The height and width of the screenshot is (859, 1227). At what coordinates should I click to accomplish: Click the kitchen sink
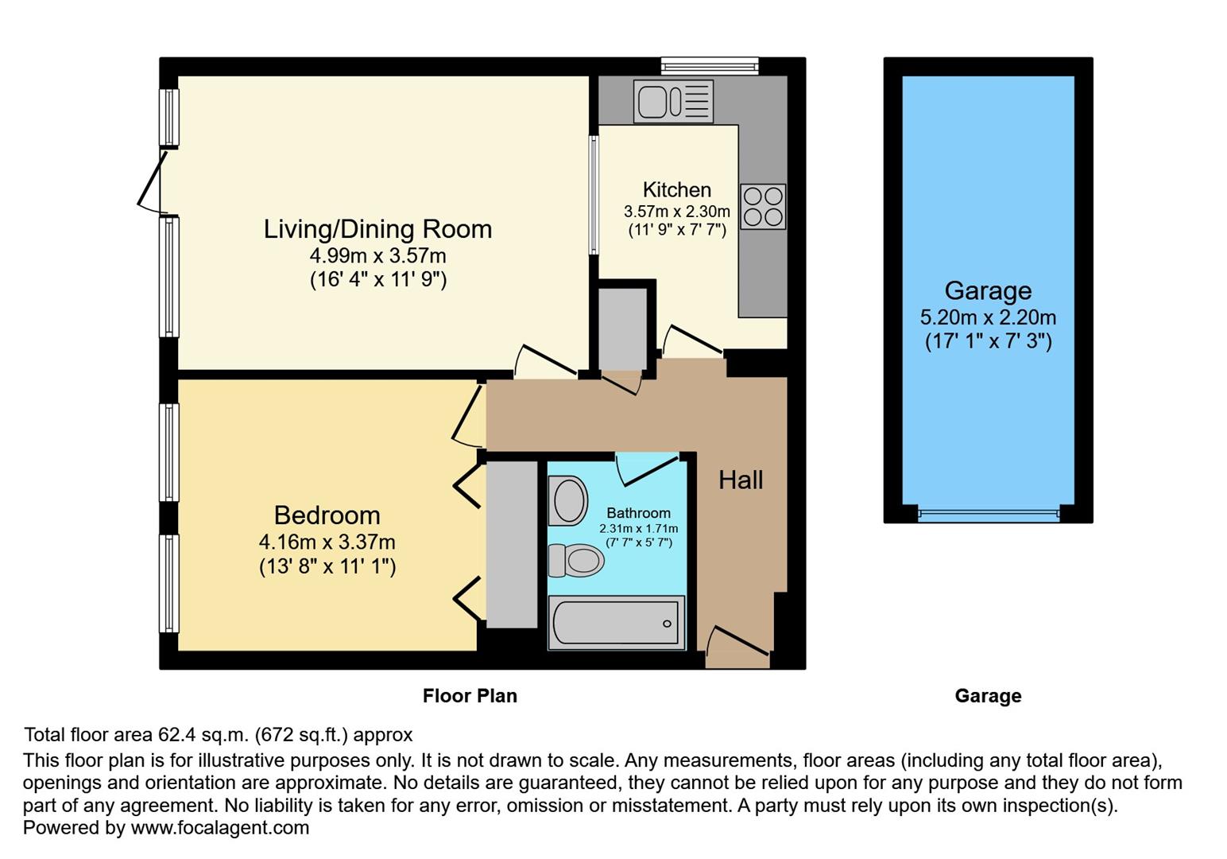click(672, 102)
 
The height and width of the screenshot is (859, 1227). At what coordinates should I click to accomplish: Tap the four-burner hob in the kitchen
click(763, 207)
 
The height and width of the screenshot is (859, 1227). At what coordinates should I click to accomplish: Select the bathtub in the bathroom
click(617, 624)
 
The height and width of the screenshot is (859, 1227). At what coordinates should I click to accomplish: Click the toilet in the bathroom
click(576, 561)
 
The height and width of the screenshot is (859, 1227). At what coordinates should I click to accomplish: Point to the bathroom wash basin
click(567, 501)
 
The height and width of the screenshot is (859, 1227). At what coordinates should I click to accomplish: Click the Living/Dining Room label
click(377, 229)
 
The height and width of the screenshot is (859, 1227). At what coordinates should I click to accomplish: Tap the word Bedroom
click(327, 515)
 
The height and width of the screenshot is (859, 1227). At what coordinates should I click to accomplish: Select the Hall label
click(741, 480)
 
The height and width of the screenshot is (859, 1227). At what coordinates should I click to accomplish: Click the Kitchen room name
click(676, 190)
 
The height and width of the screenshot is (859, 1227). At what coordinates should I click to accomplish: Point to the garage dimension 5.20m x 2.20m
click(988, 317)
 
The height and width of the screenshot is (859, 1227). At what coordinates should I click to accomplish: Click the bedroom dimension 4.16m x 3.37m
click(327, 542)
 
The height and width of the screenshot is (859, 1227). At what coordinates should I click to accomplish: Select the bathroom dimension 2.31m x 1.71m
click(638, 529)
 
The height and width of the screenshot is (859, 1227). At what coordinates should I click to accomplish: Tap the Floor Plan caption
click(470, 696)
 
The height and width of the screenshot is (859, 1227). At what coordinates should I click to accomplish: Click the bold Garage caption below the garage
click(988, 696)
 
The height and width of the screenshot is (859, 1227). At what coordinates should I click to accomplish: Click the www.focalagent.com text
click(219, 827)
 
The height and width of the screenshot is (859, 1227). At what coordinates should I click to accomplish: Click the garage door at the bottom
click(988, 514)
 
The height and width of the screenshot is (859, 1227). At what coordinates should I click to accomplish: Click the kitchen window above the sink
click(710, 66)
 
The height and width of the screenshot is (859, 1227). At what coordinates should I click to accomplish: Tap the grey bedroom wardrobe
click(512, 544)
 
